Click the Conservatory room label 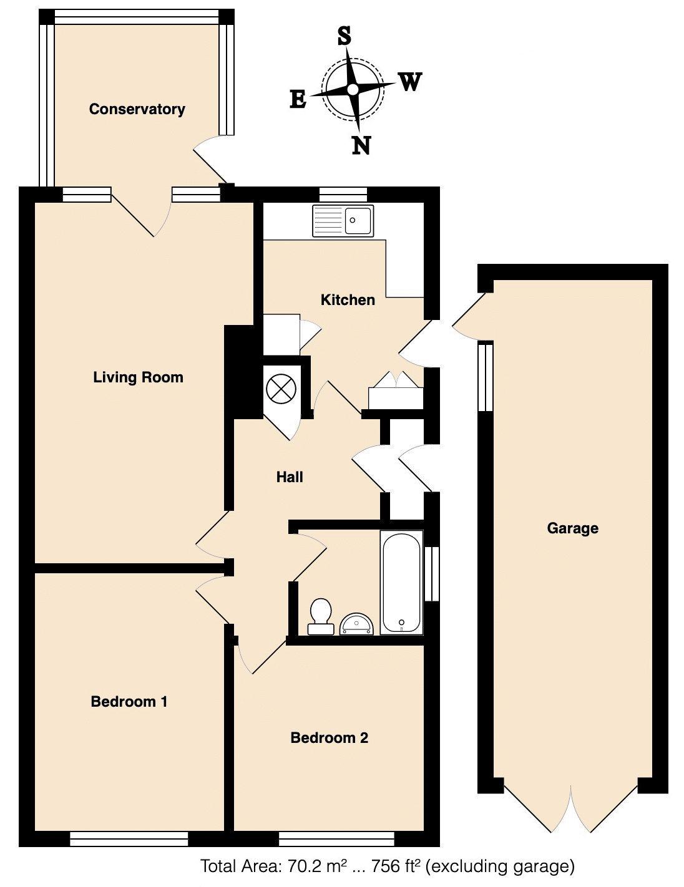137,109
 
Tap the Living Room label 138,377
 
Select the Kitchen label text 348,300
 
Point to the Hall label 290,477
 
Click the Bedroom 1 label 129,702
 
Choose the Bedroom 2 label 329,738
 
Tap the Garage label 572,528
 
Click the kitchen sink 343,220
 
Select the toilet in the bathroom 320,616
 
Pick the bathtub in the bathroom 401,581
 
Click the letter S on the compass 344,37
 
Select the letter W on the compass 410,82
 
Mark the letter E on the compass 298,99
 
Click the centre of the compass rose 353,90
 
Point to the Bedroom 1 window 129,839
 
